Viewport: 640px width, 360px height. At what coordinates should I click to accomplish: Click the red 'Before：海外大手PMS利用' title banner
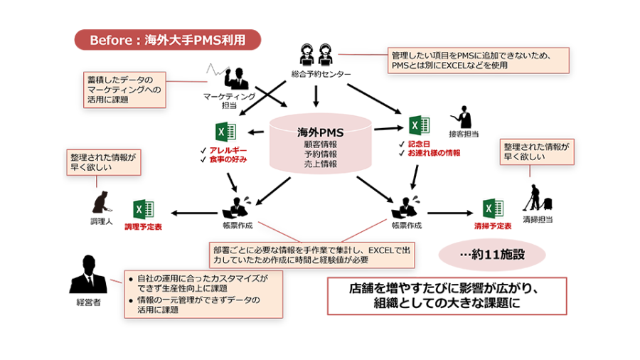167,40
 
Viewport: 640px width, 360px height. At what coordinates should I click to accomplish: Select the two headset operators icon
316,54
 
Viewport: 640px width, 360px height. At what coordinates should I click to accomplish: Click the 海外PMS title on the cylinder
320,132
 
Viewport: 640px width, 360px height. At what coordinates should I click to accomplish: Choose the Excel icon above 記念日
419,126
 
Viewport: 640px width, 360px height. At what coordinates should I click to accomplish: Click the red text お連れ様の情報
434,153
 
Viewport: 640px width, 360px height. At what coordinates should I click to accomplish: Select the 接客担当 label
463,134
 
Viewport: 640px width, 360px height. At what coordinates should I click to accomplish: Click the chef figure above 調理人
100,202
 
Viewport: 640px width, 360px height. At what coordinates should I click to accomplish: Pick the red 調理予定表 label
143,227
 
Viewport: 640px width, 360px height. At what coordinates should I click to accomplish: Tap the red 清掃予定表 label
492,226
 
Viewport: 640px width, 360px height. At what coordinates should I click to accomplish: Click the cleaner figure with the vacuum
535,199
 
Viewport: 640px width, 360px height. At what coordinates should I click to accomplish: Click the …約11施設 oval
491,254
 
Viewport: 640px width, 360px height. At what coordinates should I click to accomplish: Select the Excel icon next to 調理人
144,209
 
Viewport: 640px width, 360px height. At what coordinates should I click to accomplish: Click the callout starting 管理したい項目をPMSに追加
479,60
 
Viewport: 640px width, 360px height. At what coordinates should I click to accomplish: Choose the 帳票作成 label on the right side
407,226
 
